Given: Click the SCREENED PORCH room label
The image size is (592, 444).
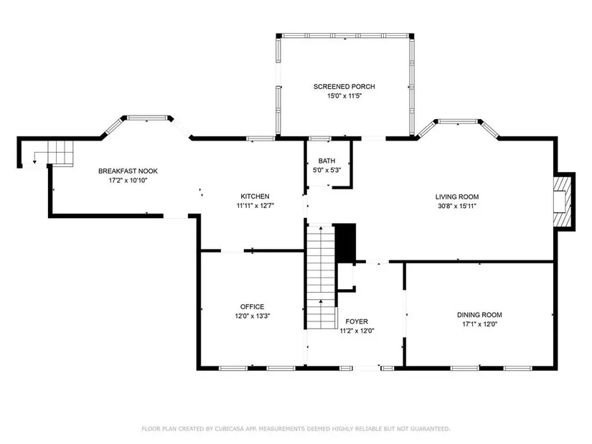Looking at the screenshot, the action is (344, 87).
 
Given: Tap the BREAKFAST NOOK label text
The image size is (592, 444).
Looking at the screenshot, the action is (128, 171).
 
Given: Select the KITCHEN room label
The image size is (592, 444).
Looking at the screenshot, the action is (255, 197).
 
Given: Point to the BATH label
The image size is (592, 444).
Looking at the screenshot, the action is (326, 161).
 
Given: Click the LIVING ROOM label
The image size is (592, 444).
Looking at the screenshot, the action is (457, 197).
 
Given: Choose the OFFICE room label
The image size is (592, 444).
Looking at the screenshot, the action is (252, 307).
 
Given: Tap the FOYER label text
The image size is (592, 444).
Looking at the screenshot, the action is (357, 321).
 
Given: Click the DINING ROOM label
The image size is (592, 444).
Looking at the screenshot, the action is (479, 315).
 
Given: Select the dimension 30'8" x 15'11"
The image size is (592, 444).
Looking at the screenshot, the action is (457, 206).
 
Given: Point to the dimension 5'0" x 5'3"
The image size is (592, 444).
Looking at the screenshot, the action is (326, 170).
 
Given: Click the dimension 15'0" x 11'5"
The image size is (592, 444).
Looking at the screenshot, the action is (344, 96).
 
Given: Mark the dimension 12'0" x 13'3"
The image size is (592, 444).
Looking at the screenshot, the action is (252, 316).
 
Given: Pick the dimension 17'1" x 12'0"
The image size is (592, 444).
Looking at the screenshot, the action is (479, 324).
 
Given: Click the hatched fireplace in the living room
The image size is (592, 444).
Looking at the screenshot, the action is (562, 202).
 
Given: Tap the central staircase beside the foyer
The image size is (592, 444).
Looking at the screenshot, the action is (321, 277).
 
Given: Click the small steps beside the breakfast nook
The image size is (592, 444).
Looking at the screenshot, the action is (60, 153).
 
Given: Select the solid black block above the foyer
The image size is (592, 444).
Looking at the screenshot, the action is (346, 242).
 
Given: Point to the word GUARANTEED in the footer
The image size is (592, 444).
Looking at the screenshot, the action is (431, 429).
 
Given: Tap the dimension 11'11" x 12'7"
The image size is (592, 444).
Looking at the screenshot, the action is (255, 206).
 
